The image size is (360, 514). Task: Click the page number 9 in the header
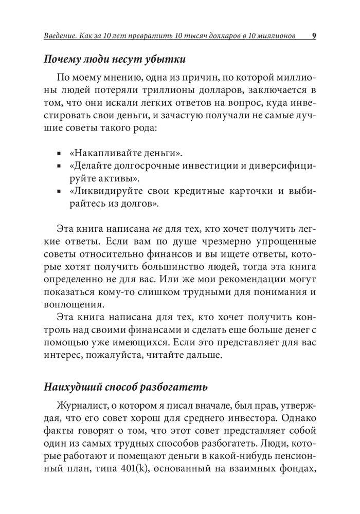[314, 36]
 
